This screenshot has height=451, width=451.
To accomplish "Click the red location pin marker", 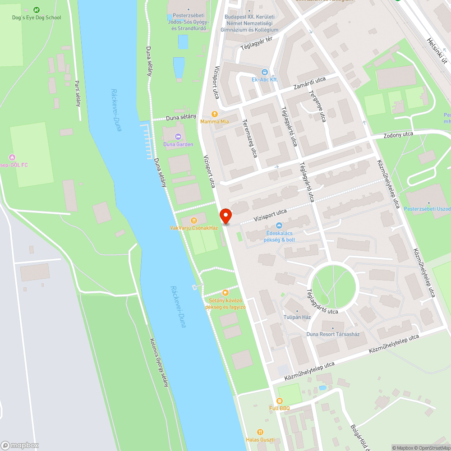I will pos(225,216).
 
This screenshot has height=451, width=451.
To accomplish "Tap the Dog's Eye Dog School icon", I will pos(37,9).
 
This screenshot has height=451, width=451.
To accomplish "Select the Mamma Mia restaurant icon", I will pos(215,114).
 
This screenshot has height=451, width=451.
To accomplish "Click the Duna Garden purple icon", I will pos(178,136).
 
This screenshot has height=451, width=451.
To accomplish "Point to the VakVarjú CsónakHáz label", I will pos(194,228).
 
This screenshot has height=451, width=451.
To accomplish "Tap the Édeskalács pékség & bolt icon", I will pos(280,225).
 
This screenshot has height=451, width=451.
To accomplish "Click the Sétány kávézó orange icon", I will pos(225,293).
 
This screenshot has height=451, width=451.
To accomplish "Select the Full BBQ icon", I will pos(280,400).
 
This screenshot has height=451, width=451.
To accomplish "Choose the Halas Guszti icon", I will pos(260,432).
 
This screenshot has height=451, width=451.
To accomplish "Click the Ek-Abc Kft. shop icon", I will pos(264,72).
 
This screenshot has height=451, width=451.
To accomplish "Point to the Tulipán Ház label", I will pos(297,317).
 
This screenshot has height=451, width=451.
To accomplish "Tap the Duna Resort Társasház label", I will pos(333,334).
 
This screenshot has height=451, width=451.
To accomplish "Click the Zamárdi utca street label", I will pos(309,83).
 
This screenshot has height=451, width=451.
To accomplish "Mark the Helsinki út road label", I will pos(436,50).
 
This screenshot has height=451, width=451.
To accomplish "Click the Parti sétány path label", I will pos(78,93).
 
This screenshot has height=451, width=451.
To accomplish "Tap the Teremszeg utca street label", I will pos(249,138).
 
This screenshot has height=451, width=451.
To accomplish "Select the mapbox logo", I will pos(20,445).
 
